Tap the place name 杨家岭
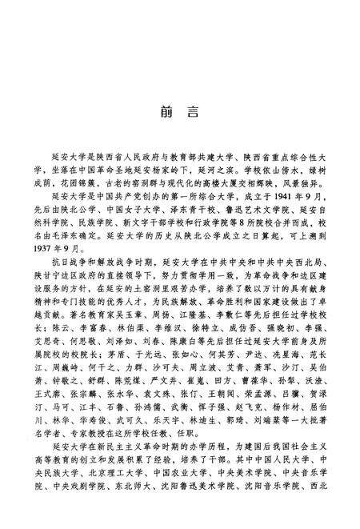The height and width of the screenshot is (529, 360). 174,170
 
